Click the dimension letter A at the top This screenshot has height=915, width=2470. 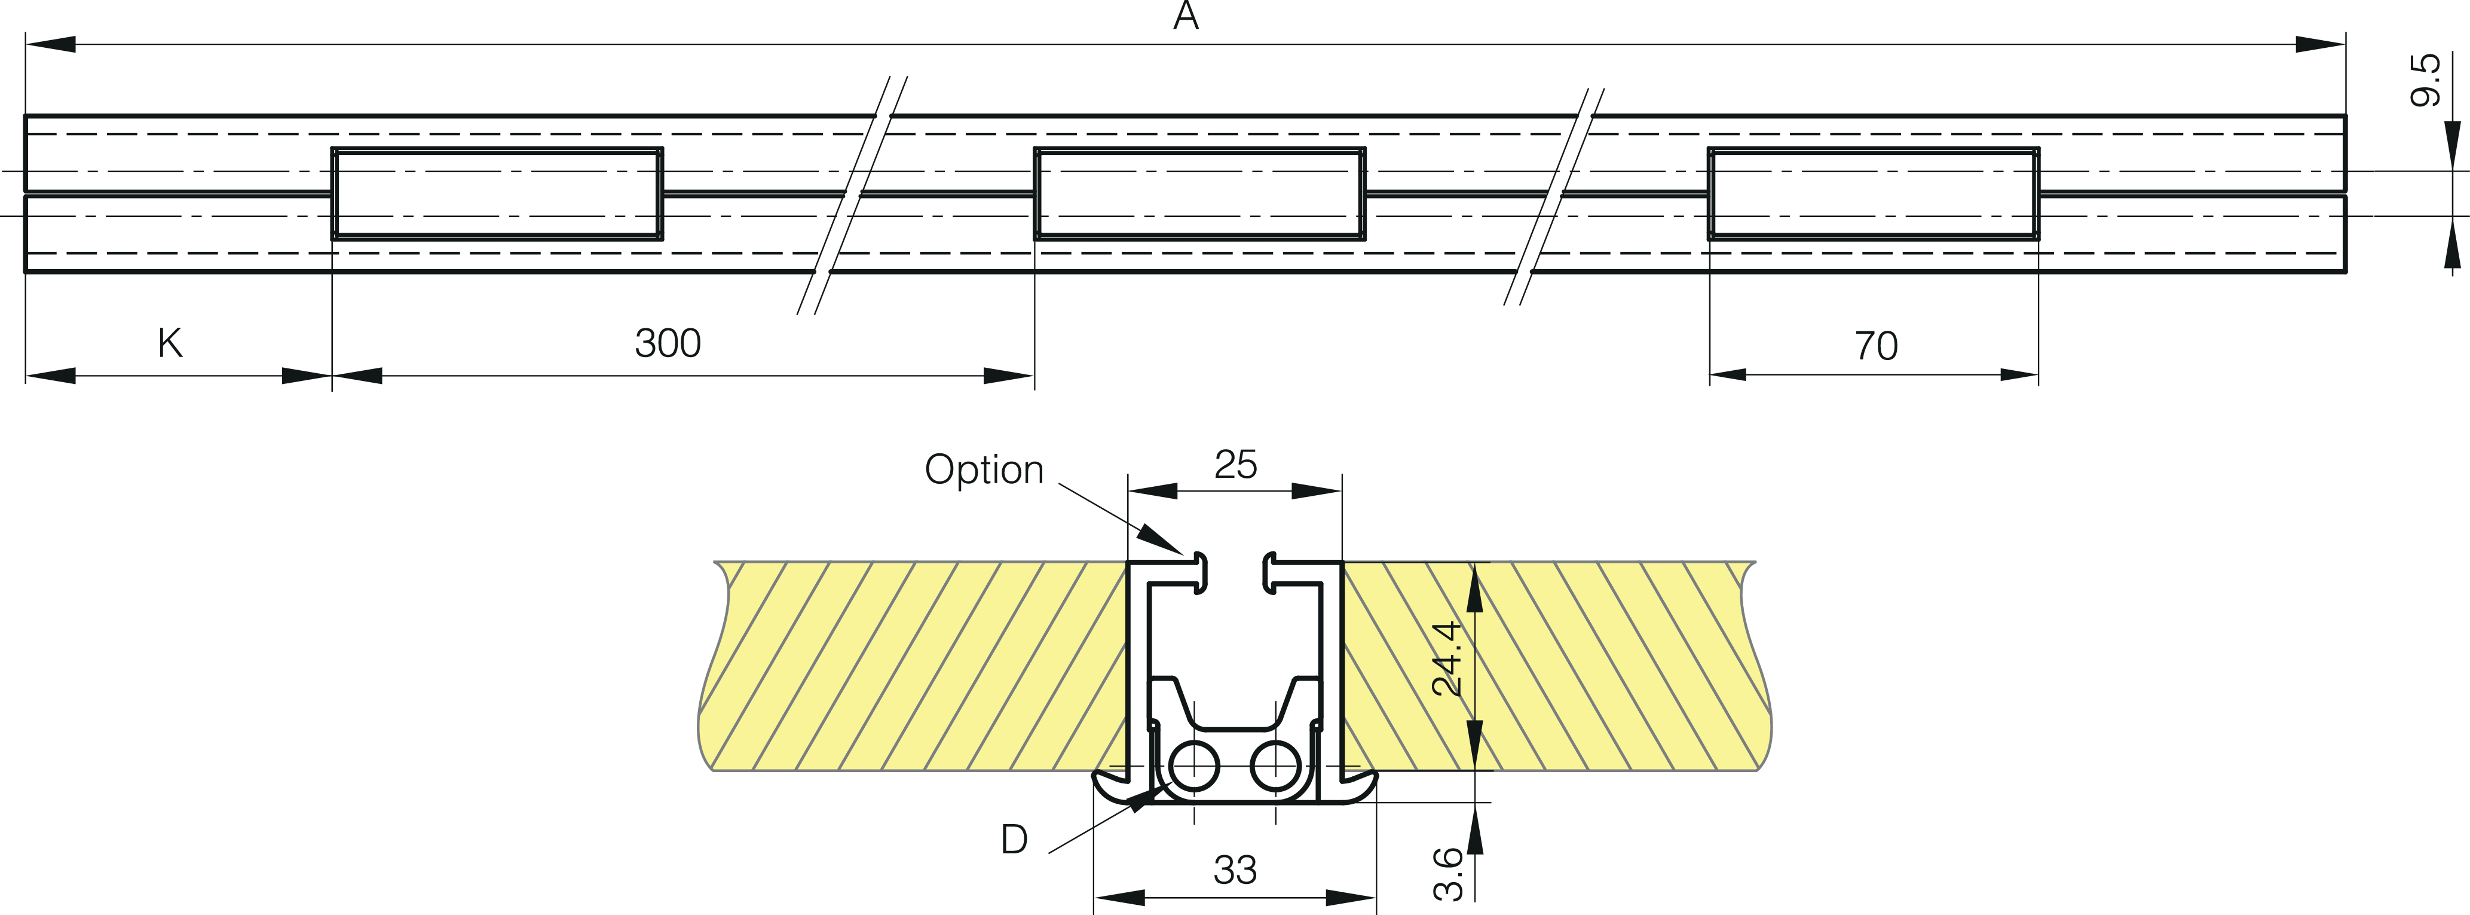1186,16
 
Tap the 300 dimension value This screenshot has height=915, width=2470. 668,343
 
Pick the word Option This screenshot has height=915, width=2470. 984,469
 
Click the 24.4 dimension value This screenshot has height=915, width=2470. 1446,658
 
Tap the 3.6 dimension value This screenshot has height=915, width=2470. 1448,874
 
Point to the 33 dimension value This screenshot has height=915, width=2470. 1235,870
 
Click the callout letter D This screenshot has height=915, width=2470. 1014,839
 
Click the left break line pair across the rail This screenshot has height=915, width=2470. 852,195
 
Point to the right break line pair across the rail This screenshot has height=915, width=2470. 1553,197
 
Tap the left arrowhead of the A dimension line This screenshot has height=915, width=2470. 50,44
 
